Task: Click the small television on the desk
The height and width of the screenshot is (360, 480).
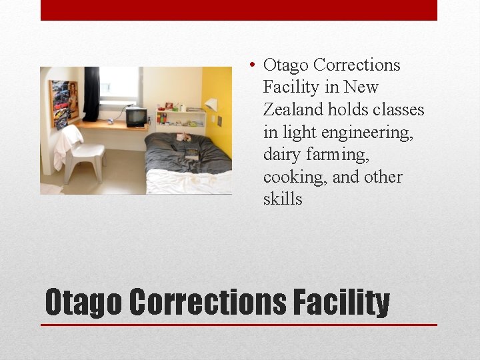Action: [136, 117]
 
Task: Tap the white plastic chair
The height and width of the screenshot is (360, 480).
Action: [85, 157]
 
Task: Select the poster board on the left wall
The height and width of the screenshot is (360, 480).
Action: [64, 103]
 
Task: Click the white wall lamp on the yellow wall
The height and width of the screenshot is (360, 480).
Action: [211, 105]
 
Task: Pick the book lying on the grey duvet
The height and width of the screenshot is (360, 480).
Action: [191, 153]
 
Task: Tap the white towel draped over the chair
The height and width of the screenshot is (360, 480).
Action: [67, 145]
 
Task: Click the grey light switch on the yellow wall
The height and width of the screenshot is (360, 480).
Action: [219, 121]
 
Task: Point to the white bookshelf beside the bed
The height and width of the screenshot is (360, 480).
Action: [181, 119]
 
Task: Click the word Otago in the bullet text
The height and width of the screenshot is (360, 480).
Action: [285, 65]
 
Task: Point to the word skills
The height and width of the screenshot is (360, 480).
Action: [283, 199]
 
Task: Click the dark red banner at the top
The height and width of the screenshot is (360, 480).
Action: [239, 10]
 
